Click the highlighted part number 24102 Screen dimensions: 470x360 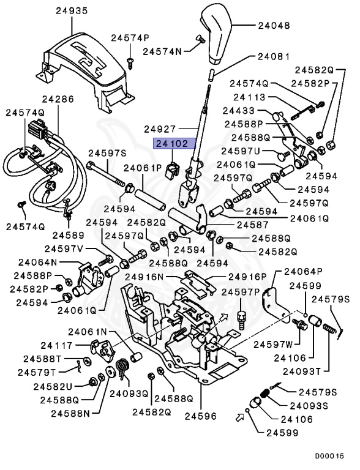(173, 144)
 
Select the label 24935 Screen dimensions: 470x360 (72, 10)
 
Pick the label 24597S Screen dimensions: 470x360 (107, 153)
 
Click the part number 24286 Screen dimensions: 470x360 (58, 98)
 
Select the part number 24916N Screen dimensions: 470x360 (145, 277)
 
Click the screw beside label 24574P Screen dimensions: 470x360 (130, 59)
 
